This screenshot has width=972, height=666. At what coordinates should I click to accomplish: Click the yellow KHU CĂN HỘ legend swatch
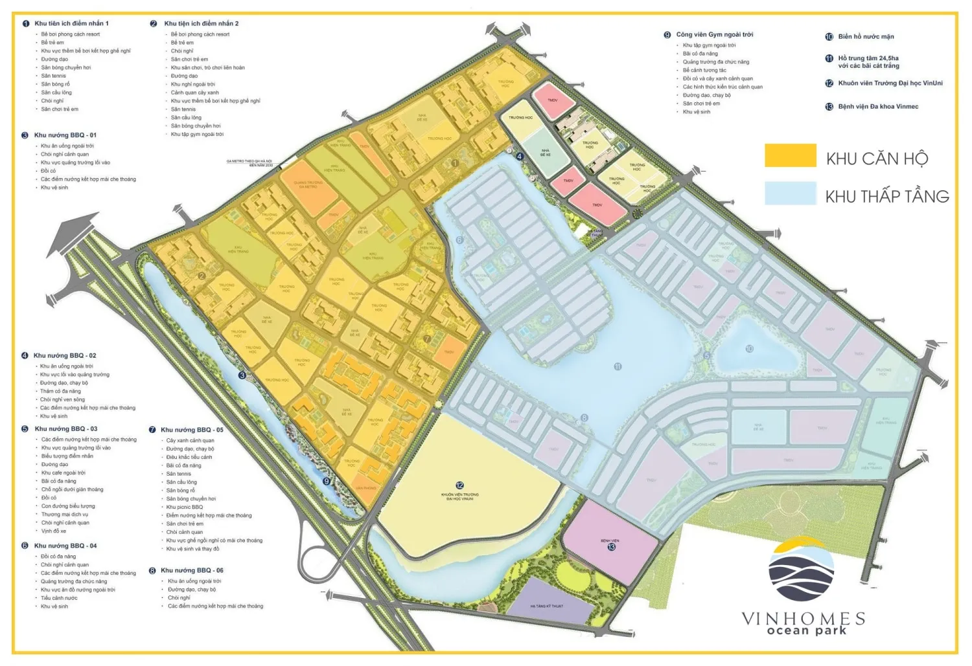[790, 155]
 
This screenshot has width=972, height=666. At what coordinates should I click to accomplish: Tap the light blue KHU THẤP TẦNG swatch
[790, 193]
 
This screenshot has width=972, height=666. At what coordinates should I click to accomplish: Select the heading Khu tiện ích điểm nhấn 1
[71, 23]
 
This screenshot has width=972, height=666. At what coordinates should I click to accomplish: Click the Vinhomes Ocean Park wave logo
[802, 570]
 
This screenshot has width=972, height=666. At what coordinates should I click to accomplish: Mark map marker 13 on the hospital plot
[611, 547]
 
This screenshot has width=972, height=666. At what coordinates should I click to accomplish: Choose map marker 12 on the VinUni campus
[459, 485]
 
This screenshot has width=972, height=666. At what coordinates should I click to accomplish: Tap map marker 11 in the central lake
[618, 366]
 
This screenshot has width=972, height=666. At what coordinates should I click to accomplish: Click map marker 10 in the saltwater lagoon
[749, 348]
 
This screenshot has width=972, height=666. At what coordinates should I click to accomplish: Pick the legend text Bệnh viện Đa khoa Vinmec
[877, 107]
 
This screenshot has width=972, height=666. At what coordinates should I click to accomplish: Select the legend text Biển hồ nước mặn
[866, 37]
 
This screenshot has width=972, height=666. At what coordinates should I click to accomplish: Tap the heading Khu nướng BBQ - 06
[191, 570]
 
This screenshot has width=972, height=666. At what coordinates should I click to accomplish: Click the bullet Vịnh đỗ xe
[54, 531]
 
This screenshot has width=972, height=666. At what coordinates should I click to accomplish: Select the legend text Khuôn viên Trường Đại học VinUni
[890, 83]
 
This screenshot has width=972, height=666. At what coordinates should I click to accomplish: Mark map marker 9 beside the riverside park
[326, 481]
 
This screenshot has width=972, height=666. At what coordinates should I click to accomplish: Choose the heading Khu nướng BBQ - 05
[191, 430]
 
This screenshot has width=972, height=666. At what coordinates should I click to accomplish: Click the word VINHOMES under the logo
[803, 618]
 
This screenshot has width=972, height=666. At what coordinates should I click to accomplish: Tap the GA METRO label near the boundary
[249, 163]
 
